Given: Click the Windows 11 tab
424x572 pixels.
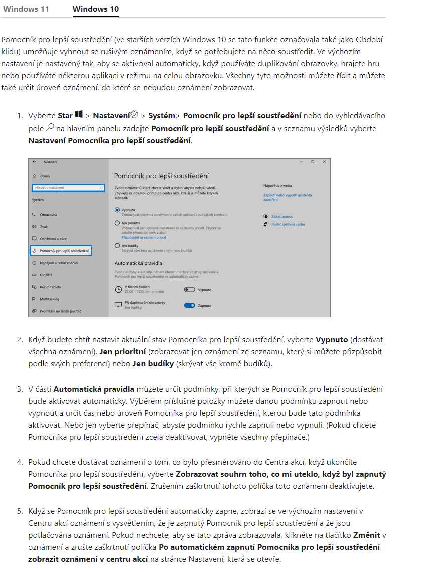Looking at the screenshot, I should coord(26,9).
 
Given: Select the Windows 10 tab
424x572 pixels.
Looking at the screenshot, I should coord(95,9).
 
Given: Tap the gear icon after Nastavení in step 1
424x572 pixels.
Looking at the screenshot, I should coord(134,115).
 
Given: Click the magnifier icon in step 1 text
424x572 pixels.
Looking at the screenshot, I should coord(50,128).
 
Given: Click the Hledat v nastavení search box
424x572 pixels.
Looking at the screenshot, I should coord(68,188).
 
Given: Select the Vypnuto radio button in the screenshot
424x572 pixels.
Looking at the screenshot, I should coord(117,210).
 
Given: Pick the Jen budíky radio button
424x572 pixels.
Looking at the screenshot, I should coord(117,246).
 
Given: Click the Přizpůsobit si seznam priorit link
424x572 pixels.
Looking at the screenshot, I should coord(144,237).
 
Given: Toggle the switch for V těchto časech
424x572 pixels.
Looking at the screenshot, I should coord(189,290).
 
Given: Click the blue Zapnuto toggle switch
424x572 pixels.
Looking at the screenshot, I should coord(189,305).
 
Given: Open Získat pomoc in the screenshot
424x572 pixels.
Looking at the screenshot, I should coord(281,216).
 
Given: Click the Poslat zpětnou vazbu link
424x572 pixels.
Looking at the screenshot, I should coord(288,224).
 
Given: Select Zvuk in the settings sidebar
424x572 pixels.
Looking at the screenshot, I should coord(44,227).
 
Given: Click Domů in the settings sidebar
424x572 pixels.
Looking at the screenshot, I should coord(45,176).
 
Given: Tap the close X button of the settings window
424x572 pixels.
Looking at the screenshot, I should coord(324,162).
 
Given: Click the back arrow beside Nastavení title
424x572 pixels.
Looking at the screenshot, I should coord(34,162).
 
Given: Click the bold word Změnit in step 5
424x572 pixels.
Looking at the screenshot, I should coord(366,535).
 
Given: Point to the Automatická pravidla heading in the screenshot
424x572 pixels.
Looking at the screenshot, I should coord(138,263).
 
